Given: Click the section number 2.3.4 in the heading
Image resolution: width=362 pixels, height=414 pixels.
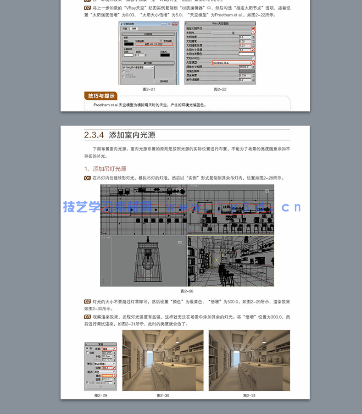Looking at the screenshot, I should click(94, 135).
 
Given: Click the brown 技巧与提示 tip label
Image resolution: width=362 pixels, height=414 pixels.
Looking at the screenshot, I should click(101, 96).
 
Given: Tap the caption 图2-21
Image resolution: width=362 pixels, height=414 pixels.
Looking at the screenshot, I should click(149, 89).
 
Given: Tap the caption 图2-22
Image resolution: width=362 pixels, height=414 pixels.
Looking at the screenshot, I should click(220, 89).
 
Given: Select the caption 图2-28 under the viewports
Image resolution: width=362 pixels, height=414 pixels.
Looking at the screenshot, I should click(187, 291).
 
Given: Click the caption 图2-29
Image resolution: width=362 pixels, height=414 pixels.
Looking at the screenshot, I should click(100, 395).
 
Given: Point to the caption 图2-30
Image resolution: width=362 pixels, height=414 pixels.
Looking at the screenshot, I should click(163, 395).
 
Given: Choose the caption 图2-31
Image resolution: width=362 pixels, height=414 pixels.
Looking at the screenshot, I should click(249, 395).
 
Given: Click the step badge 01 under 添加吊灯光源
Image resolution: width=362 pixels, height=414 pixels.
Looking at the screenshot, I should click(87, 178).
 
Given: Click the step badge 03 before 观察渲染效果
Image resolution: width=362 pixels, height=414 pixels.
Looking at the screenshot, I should click(87, 317).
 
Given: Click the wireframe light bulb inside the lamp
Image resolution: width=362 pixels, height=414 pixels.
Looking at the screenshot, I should click(147, 265).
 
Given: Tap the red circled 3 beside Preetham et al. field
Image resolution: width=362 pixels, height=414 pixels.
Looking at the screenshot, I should click(252, 62).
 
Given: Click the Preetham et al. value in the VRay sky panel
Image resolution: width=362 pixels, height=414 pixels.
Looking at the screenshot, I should click(225, 62).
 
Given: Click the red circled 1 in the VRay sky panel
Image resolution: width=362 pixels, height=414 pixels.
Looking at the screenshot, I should click(252, 32).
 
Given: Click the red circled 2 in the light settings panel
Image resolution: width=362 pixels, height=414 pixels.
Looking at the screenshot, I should click(114, 368).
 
